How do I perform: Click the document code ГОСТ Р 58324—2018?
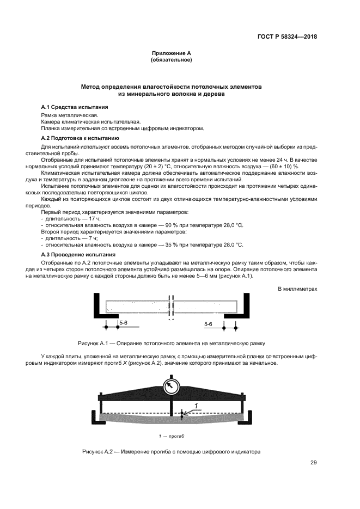(x=287, y=37)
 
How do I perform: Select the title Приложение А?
(x=171, y=53)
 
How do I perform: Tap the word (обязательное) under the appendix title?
(x=171, y=59)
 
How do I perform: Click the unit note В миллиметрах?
(x=297, y=289)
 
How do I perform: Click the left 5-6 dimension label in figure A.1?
(x=123, y=323)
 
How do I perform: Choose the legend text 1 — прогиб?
(x=172, y=436)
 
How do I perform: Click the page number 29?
(x=313, y=463)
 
